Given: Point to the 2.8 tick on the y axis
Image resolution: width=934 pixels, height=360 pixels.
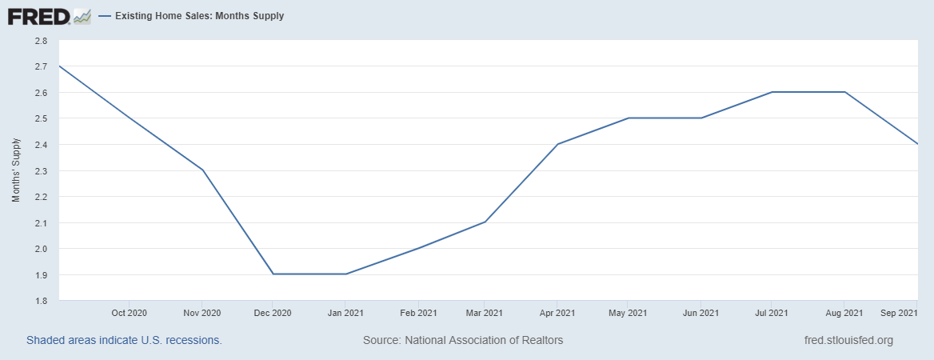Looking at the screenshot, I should tap(41, 40).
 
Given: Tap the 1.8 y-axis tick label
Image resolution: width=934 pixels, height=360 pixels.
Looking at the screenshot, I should tap(41, 301).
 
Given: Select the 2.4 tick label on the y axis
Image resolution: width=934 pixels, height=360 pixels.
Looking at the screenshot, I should tap(41, 145).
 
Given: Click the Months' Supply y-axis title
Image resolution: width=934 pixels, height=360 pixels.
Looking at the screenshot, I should tap(16, 170).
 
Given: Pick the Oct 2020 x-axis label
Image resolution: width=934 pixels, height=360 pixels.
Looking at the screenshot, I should tap(130, 313).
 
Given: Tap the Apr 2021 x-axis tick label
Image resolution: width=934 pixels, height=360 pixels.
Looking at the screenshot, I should tap(557, 313).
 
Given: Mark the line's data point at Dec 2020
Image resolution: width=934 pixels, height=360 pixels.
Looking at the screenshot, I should tap(273, 274).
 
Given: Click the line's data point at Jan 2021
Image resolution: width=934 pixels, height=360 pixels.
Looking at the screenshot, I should tap(345, 274).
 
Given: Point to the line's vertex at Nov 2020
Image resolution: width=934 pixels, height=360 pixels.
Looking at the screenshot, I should tap(203, 170).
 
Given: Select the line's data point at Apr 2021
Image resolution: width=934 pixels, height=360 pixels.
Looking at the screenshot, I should tap(557, 144).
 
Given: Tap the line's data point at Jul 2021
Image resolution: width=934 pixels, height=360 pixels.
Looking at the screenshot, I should tap(772, 92).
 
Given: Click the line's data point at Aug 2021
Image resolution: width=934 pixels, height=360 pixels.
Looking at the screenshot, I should tap(845, 92).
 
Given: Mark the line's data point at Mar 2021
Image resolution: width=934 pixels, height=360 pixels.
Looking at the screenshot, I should tap(485, 222).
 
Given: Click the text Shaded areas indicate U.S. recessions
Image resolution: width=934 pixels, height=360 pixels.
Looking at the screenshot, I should tap(124, 340).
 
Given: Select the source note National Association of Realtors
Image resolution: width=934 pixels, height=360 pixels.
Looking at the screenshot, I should tap(463, 340).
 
